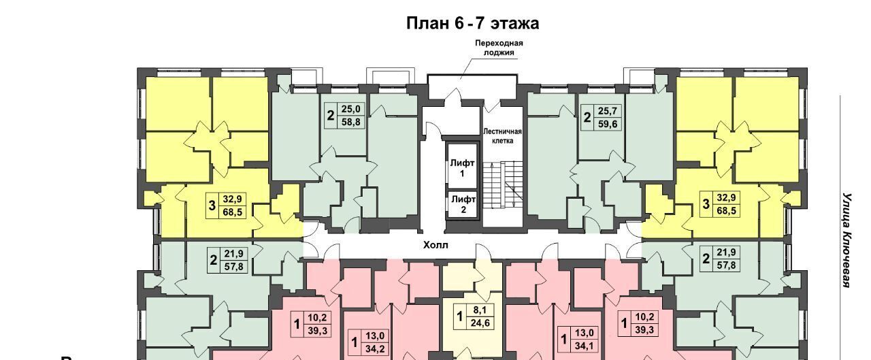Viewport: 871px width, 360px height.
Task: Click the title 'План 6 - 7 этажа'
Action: tap(472, 23)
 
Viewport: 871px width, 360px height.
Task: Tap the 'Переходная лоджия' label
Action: tap(499, 48)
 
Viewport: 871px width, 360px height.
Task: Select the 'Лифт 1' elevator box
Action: tap(462, 167)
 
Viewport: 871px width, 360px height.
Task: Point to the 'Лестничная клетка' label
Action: tap(502, 136)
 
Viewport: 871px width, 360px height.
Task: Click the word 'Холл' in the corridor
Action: tap(435, 245)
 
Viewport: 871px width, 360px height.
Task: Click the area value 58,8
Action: tap(351, 122)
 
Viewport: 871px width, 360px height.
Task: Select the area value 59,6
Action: tap(608, 124)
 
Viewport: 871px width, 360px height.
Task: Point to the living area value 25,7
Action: tap(608, 111)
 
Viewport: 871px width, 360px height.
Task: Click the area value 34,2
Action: tap(375, 348)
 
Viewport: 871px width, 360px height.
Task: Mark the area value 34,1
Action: tap(584, 346)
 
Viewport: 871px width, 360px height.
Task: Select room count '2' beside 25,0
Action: tap(331, 116)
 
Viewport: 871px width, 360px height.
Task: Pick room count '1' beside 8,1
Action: tap(459, 317)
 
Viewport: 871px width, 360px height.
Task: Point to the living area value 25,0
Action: tap(351, 110)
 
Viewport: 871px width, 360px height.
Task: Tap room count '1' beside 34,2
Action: tap(355, 342)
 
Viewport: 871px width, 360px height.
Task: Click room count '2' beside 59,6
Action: tap(587, 118)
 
